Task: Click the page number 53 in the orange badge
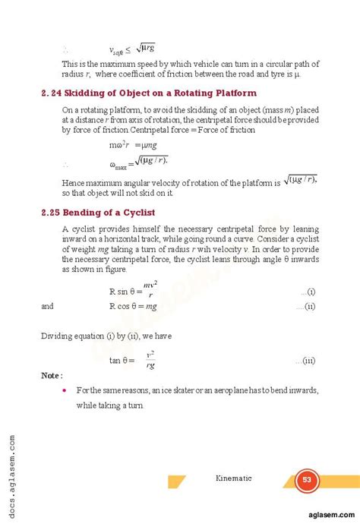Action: click(307, 479)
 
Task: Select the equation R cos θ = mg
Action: click(133, 307)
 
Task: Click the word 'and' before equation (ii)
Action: click(47, 307)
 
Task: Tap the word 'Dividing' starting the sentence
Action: click(58, 334)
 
